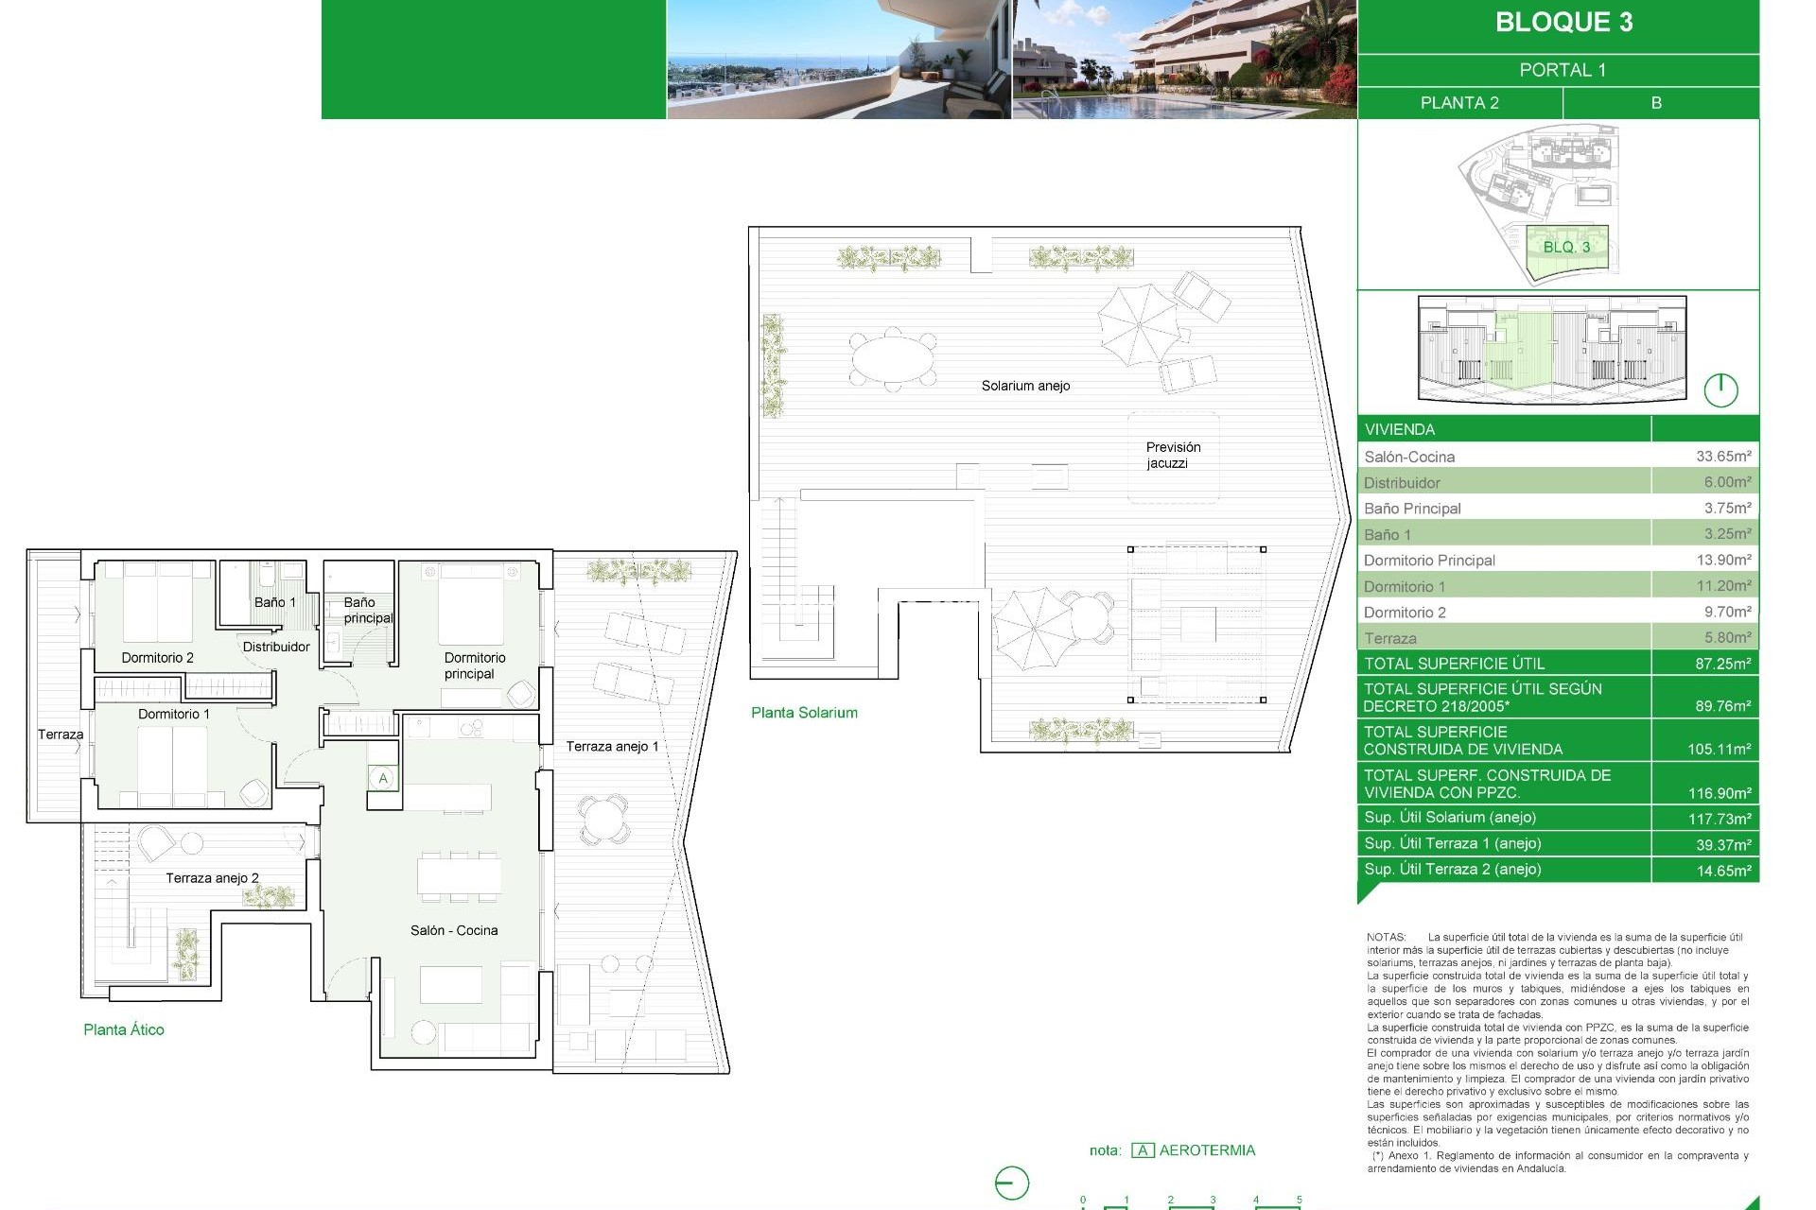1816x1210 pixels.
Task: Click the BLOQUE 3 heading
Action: pyautogui.click(x=1563, y=23)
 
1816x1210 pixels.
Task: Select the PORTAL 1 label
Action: pyautogui.click(x=1562, y=70)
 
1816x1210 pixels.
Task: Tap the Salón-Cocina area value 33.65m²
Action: pyautogui.click(x=1722, y=457)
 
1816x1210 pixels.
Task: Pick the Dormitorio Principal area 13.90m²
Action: pyautogui.click(x=1722, y=560)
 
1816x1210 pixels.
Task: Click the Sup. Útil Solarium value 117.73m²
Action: pyautogui.click(x=1719, y=819)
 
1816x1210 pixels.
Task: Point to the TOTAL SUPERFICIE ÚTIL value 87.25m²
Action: pyautogui.click(x=1721, y=664)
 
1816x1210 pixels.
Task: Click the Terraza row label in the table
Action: pyautogui.click(x=1389, y=638)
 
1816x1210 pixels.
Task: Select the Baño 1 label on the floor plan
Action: pyautogui.click(x=274, y=602)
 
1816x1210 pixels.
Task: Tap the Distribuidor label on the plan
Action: pyautogui.click(x=276, y=647)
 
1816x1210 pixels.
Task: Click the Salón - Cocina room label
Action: pyautogui.click(x=454, y=930)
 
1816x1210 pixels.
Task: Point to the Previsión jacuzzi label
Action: pyautogui.click(x=1172, y=455)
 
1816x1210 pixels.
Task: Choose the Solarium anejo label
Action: pyautogui.click(x=1025, y=386)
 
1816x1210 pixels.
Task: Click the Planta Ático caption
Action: pyautogui.click(x=124, y=1029)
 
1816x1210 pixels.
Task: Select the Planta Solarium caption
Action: pyautogui.click(x=804, y=713)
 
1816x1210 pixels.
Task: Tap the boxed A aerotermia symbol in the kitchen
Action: pyautogui.click(x=383, y=779)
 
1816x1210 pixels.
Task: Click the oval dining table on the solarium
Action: pyautogui.click(x=892, y=358)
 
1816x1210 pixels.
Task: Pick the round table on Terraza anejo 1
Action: pyautogui.click(x=602, y=818)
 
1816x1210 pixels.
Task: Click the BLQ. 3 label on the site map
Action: pyautogui.click(x=1566, y=247)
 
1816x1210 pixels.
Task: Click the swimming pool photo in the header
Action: pyautogui.click(x=1184, y=60)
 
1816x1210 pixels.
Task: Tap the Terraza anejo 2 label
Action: pyautogui.click(x=212, y=878)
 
